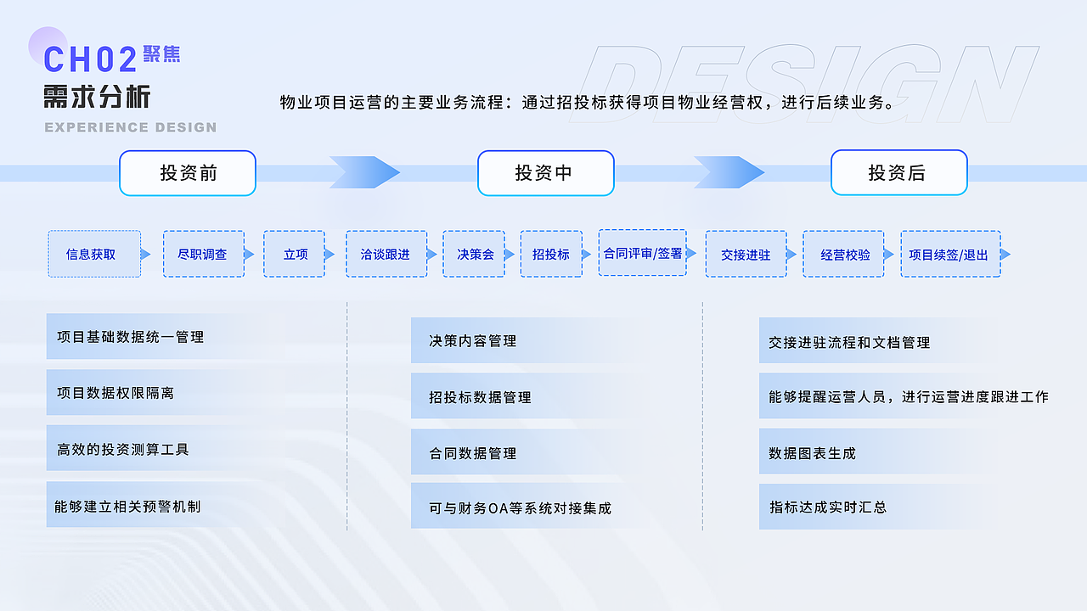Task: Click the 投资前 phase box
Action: tap(188, 173)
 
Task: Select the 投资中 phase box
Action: tap(545, 173)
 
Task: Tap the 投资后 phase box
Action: tap(898, 173)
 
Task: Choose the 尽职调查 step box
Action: tap(203, 254)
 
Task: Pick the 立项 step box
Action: tap(294, 254)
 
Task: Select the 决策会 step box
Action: tap(474, 254)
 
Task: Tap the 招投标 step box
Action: tap(551, 254)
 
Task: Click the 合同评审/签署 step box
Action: tap(642, 252)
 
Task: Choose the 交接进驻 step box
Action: tap(746, 254)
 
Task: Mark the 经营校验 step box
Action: tap(843, 254)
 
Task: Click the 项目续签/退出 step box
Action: tap(950, 254)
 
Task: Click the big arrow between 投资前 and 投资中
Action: tap(364, 172)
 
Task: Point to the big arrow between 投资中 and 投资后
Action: tap(729, 172)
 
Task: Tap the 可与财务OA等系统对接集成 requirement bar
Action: tap(521, 507)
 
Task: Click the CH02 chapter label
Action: tap(90, 59)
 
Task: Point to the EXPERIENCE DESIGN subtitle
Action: tap(130, 127)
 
